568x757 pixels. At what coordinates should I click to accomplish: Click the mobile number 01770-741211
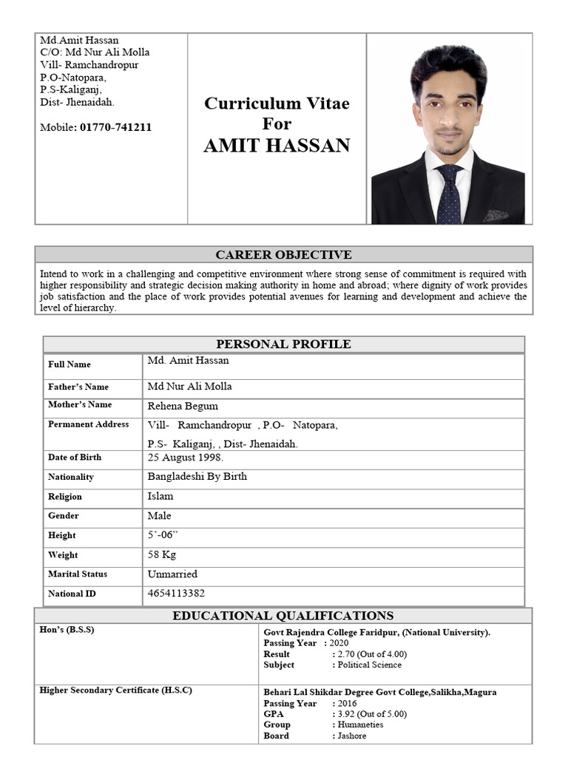point(115,127)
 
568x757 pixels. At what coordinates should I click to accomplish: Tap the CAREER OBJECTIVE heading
point(283,255)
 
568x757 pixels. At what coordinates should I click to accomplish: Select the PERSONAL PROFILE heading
point(283,344)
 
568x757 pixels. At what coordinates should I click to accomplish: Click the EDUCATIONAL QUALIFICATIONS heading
point(283,616)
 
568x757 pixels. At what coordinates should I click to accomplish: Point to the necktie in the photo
point(448,194)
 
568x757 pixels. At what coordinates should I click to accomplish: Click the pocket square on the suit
point(496,216)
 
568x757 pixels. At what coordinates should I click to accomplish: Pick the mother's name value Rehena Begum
point(183,406)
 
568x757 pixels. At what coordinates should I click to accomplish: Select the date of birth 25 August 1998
point(186,458)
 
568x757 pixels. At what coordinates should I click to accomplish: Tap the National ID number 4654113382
point(176,593)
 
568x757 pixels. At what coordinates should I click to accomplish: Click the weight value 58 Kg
point(162,554)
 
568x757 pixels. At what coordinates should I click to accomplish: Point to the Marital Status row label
point(78,574)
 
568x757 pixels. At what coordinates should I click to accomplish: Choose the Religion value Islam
point(160,496)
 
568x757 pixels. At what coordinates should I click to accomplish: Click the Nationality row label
point(71,478)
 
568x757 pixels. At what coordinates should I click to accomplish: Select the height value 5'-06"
point(163,535)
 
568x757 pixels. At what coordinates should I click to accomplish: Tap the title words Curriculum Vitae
point(277,103)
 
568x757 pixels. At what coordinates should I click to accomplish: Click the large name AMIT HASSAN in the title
point(277,146)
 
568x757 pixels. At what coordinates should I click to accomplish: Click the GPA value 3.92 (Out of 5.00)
point(371,714)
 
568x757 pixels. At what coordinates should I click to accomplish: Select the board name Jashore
point(351,736)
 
